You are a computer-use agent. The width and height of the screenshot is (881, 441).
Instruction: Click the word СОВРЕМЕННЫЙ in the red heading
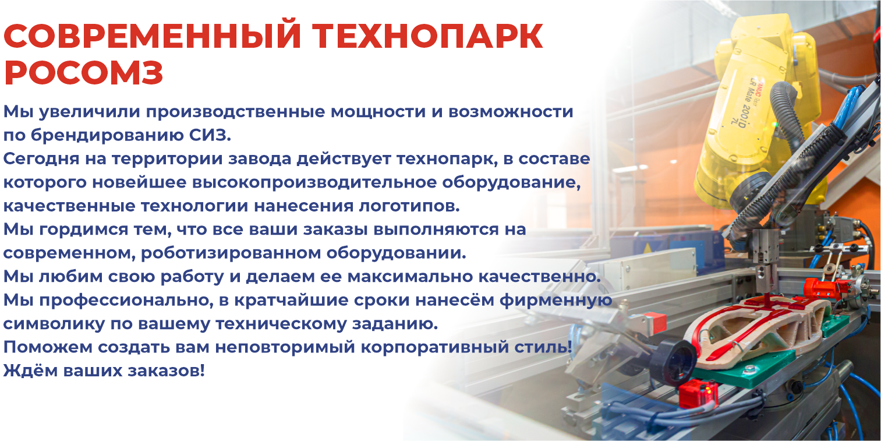tap(153, 36)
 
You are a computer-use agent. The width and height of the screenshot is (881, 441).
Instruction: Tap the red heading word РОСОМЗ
tap(83, 73)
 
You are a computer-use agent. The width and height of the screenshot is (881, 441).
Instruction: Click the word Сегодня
tap(41, 160)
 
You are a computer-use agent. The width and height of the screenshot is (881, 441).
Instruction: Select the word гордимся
tap(84, 230)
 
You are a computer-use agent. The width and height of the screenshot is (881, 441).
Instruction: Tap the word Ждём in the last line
tap(30, 371)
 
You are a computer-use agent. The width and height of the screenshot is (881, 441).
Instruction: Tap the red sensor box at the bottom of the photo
tap(698, 393)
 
